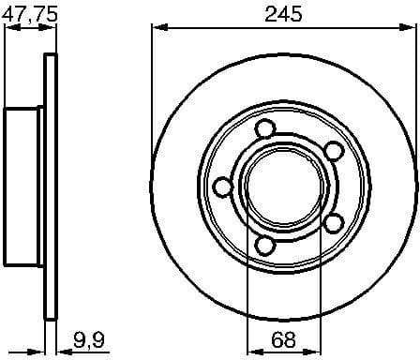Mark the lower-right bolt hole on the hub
point(331,222)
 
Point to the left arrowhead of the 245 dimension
point(156,28)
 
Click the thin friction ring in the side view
point(51,187)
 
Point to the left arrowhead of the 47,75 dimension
point(8,28)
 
